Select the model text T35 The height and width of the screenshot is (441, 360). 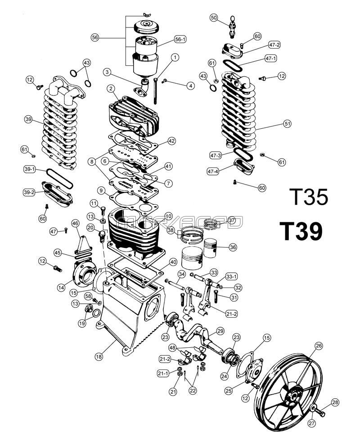pos(309,197)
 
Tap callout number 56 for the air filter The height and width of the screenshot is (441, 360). pos(94,38)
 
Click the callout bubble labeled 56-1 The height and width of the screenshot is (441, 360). pos(180,40)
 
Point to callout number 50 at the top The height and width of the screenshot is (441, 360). pos(214,18)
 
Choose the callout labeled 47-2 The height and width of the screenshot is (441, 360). pos(274,45)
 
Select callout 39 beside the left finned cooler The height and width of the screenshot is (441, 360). pos(28,119)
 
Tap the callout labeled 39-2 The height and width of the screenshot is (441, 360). pos(29,192)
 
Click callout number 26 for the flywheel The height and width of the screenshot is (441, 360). pos(319,346)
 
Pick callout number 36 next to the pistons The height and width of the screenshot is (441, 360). pos(233,247)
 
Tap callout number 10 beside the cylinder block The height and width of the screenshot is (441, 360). pos(169,216)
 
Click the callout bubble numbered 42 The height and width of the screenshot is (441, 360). pos(171,141)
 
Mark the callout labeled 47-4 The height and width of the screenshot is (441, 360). pos(214,171)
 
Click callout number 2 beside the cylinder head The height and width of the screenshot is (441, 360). pos(109,89)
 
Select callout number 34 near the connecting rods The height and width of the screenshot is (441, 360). pos(181,274)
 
